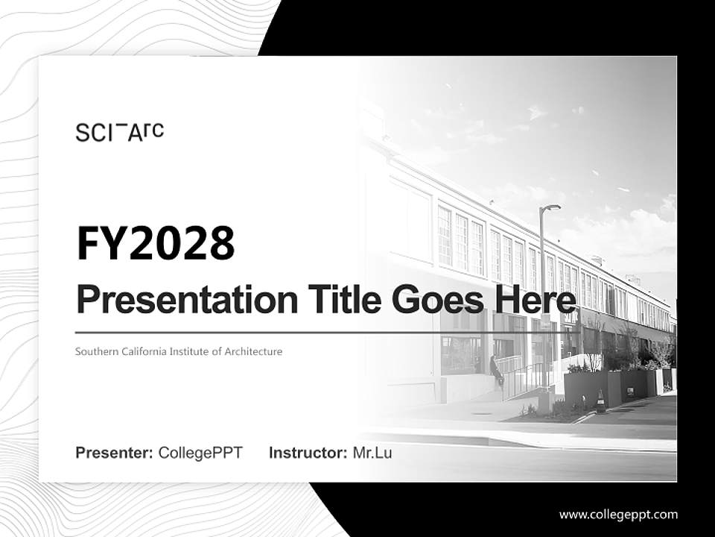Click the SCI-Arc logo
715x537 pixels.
click(x=119, y=132)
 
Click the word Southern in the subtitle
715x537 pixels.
click(x=95, y=351)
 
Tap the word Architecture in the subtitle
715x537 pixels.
click(x=253, y=351)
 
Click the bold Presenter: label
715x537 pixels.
click(x=115, y=453)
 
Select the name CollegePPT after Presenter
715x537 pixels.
click(x=200, y=453)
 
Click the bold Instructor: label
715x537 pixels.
click(x=308, y=453)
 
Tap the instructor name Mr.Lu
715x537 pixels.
click(x=372, y=453)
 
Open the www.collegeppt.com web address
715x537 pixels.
click(x=618, y=515)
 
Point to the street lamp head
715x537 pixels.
click(x=552, y=207)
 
